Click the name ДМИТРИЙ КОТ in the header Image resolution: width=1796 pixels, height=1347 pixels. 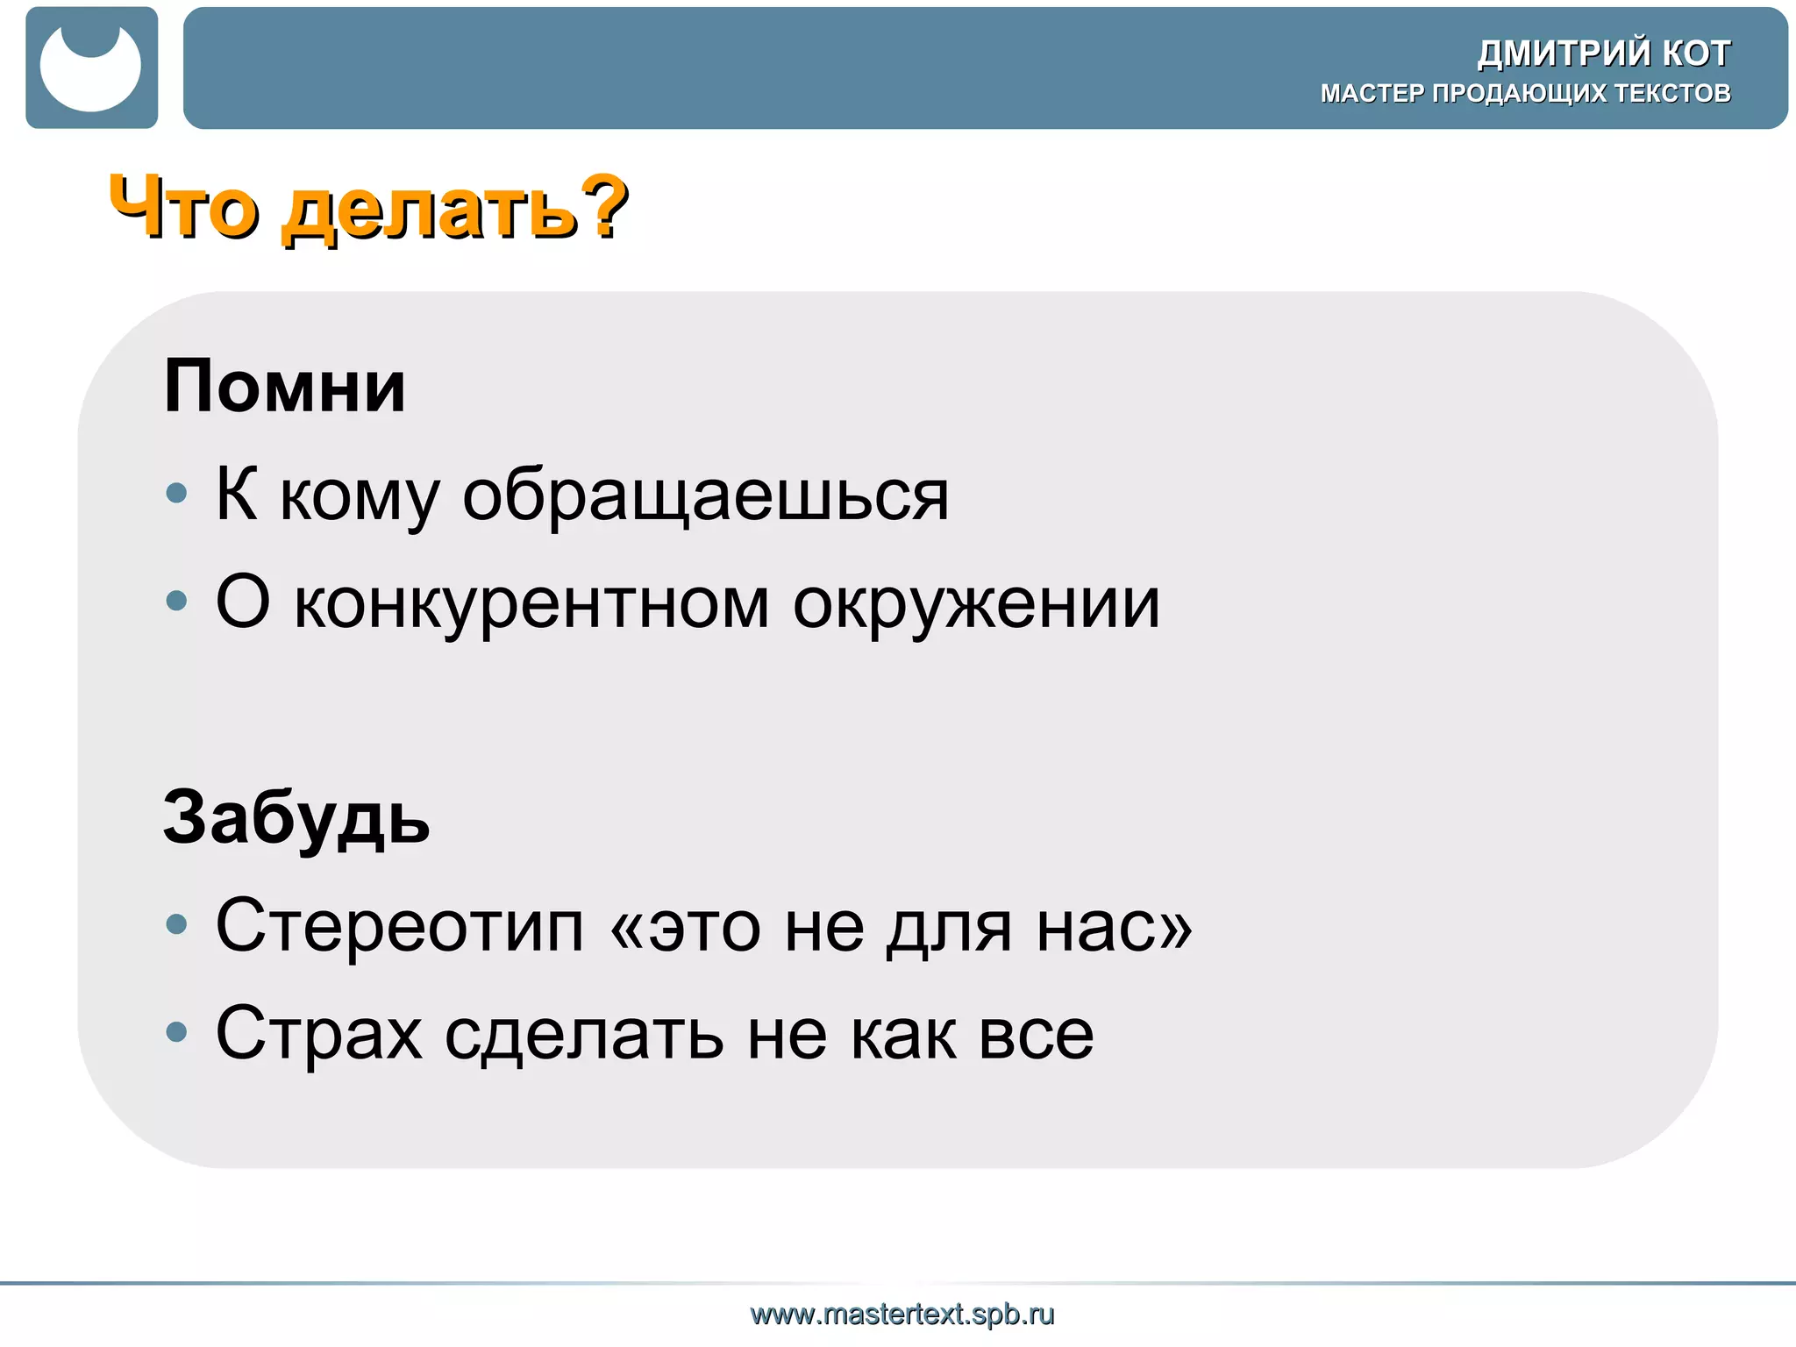coord(1604,53)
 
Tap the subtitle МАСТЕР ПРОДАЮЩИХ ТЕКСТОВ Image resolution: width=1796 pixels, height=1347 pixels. coord(1525,93)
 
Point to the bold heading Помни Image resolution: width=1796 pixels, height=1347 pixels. coord(285,387)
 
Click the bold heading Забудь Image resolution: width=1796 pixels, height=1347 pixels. coord(296,817)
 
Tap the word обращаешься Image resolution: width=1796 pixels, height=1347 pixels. coord(706,495)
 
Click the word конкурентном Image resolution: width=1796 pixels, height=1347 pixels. coord(531,604)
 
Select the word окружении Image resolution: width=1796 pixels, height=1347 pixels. coord(976,604)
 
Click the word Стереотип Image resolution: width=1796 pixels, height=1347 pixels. coord(400,926)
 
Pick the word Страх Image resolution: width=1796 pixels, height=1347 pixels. coord(319,1034)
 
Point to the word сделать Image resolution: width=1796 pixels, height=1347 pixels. coord(584,1034)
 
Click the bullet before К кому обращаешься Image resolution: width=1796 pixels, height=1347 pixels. coord(176,493)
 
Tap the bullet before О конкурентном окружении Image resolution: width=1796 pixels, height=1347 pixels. coord(176,601)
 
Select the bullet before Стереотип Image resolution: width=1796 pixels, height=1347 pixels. coord(176,923)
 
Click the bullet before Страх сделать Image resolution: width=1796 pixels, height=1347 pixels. coord(176,1031)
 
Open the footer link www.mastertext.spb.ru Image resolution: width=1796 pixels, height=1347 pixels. coord(902,1314)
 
